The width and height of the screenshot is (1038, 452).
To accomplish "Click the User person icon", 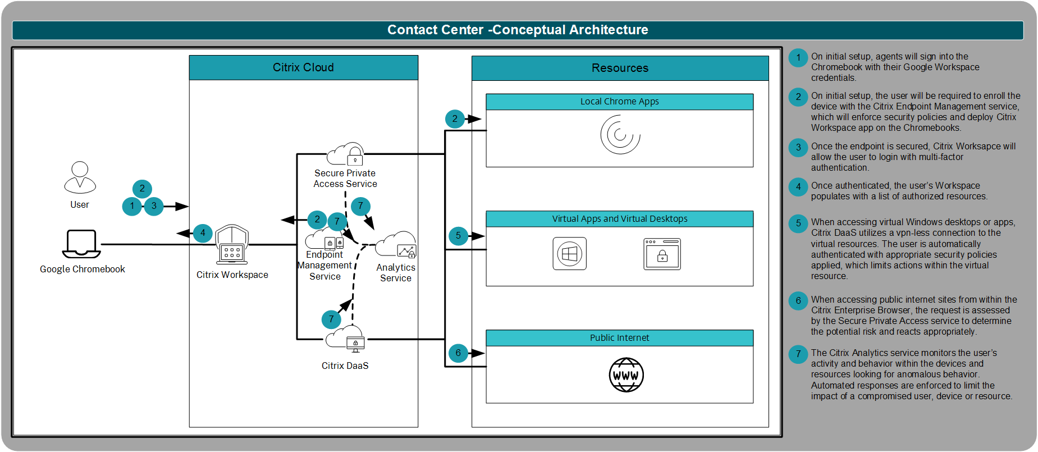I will click(x=80, y=177).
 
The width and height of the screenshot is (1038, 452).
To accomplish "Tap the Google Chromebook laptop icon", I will click(x=81, y=243).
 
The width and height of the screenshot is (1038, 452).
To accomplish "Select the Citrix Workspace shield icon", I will click(x=232, y=245).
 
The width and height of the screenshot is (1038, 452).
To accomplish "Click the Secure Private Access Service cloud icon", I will click(x=346, y=154).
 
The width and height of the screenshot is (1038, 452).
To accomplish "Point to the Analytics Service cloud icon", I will click(x=396, y=245).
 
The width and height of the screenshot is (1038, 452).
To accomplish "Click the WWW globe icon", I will click(x=626, y=375).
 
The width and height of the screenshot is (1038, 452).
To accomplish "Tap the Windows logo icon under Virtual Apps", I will click(x=569, y=254).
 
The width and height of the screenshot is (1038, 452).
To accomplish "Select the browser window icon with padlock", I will click(x=662, y=254).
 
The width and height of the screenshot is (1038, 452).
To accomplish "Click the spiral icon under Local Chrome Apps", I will click(x=620, y=135).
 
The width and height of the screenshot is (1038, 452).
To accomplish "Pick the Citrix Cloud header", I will click(x=303, y=67).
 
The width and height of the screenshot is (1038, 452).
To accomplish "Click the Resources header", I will click(x=620, y=68).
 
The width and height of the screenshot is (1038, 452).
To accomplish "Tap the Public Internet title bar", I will click(x=619, y=337).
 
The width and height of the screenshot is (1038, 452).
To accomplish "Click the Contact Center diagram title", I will click(x=518, y=30).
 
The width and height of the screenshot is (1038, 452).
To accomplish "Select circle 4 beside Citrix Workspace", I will click(x=203, y=233).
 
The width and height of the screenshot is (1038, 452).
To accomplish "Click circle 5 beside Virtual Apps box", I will click(x=458, y=236).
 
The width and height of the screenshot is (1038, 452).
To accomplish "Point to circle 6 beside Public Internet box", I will click(x=458, y=353).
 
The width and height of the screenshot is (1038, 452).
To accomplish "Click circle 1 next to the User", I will click(x=132, y=206).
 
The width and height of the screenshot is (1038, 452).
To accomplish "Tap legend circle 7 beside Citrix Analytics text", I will click(x=798, y=354).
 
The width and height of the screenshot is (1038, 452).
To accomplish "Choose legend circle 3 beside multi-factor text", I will click(x=798, y=148).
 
